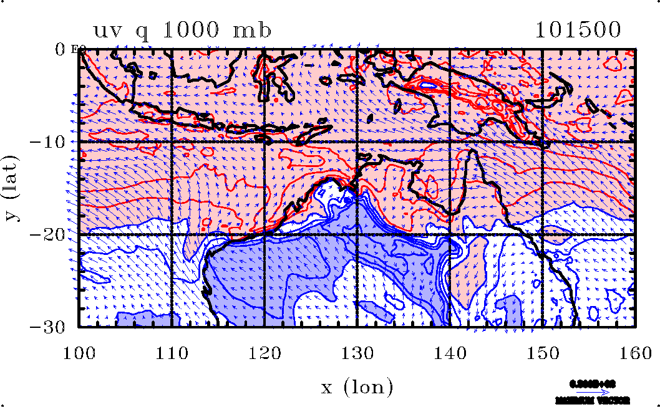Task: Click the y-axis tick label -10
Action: pyautogui.click(x=54, y=141)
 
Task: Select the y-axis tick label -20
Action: pyautogui.click(x=54, y=234)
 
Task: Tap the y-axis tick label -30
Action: pyautogui.click(x=54, y=327)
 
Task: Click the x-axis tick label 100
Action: pyautogui.click(x=79, y=353)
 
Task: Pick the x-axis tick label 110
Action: pyautogui.click(x=172, y=353)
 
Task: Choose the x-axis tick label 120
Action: pyautogui.click(x=264, y=353)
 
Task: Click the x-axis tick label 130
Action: pyautogui.click(x=357, y=353)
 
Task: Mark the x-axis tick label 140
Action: pyautogui.click(x=450, y=353)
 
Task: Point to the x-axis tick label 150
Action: pyautogui.click(x=543, y=353)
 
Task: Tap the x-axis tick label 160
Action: pyautogui.click(x=635, y=353)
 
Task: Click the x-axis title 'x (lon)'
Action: pyautogui.click(x=357, y=388)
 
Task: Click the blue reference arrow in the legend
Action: pyautogui.click(x=597, y=392)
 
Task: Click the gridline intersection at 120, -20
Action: pyautogui.click(x=264, y=234)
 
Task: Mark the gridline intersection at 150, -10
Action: pyautogui.click(x=543, y=141)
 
